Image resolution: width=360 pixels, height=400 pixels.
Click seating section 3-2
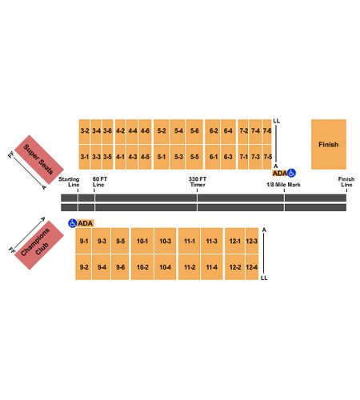pos(84,131)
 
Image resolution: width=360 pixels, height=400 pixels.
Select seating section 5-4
pos(178,131)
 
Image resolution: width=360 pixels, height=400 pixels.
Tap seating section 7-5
pos(267,157)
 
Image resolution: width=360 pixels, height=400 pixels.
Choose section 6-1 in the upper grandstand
pos(213,157)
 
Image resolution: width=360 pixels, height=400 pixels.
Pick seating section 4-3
pos(132,157)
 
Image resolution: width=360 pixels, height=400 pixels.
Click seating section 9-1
pos(84,241)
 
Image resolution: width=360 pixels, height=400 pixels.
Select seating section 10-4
pos(166,267)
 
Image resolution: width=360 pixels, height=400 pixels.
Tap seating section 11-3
pos(212,241)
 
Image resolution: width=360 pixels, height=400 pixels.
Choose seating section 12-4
pos(252,267)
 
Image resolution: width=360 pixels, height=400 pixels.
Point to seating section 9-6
pos(120,267)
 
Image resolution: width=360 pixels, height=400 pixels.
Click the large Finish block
pos(329,144)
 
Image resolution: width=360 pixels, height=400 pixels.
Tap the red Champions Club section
pos(39,245)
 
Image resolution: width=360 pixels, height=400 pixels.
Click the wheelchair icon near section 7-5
pos(291,173)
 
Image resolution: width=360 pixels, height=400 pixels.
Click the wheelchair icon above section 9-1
pos(73,223)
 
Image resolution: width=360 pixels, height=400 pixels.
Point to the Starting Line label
pos(69,182)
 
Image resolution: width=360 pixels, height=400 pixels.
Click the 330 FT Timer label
pos(198,182)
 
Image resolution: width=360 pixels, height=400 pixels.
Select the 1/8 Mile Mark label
pos(283,185)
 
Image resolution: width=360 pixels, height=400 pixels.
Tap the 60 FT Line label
pos(99,182)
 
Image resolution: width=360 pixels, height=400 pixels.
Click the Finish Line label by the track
pos(346,182)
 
